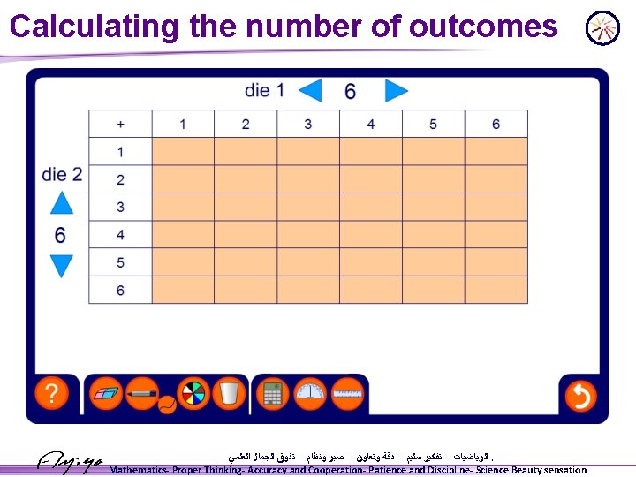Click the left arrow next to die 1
pyautogui.click(x=310, y=91)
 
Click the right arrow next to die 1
pyautogui.click(x=397, y=91)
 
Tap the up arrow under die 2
pyautogui.click(x=61, y=203)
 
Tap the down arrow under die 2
pyautogui.click(x=61, y=266)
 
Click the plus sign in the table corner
pyautogui.click(x=120, y=125)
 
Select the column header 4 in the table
pyautogui.click(x=370, y=125)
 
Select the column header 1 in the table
pyautogui.click(x=183, y=125)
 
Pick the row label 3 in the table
pyautogui.click(x=120, y=208)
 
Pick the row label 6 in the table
pyautogui.click(x=120, y=291)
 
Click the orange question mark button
pyautogui.click(x=52, y=394)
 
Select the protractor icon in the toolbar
pyautogui.click(x=310, y=394)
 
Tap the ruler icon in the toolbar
pyautogui.click(x=348, y=394)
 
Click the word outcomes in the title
pyautogui.click(x=484, y=26)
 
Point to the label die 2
pyautogui.click(x=62, y=174)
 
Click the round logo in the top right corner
pyautogui.click(x=602, y=27)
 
